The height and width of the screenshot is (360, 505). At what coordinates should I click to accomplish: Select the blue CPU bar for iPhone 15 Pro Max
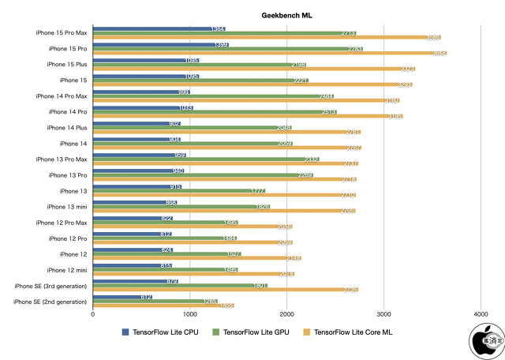[x=159, y=28]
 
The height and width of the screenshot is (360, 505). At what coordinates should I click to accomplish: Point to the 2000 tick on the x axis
[x=286, y=314]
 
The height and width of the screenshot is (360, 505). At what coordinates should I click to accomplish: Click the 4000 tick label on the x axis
[x=480, y=314]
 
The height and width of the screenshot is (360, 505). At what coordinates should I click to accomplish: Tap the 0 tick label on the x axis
[x=93, y=314]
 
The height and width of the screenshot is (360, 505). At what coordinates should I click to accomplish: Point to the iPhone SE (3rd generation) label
[x=50, y=286]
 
